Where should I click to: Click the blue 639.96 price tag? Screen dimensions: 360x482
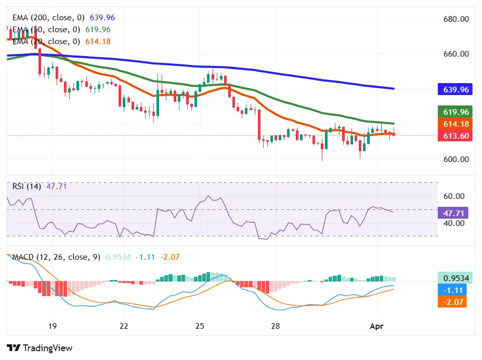coord(456,89)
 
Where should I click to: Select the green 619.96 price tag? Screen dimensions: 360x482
coord(456,112)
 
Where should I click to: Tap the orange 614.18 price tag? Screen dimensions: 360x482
coord(456,124)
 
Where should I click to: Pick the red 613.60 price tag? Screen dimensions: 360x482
coord(456,136)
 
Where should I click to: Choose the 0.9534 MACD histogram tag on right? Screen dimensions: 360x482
coord(454,278)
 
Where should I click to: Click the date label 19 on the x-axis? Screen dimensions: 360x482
coord(51,326)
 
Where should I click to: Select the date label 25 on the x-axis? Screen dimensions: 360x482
coord(200,326)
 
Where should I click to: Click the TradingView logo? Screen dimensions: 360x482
coord(40,348)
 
